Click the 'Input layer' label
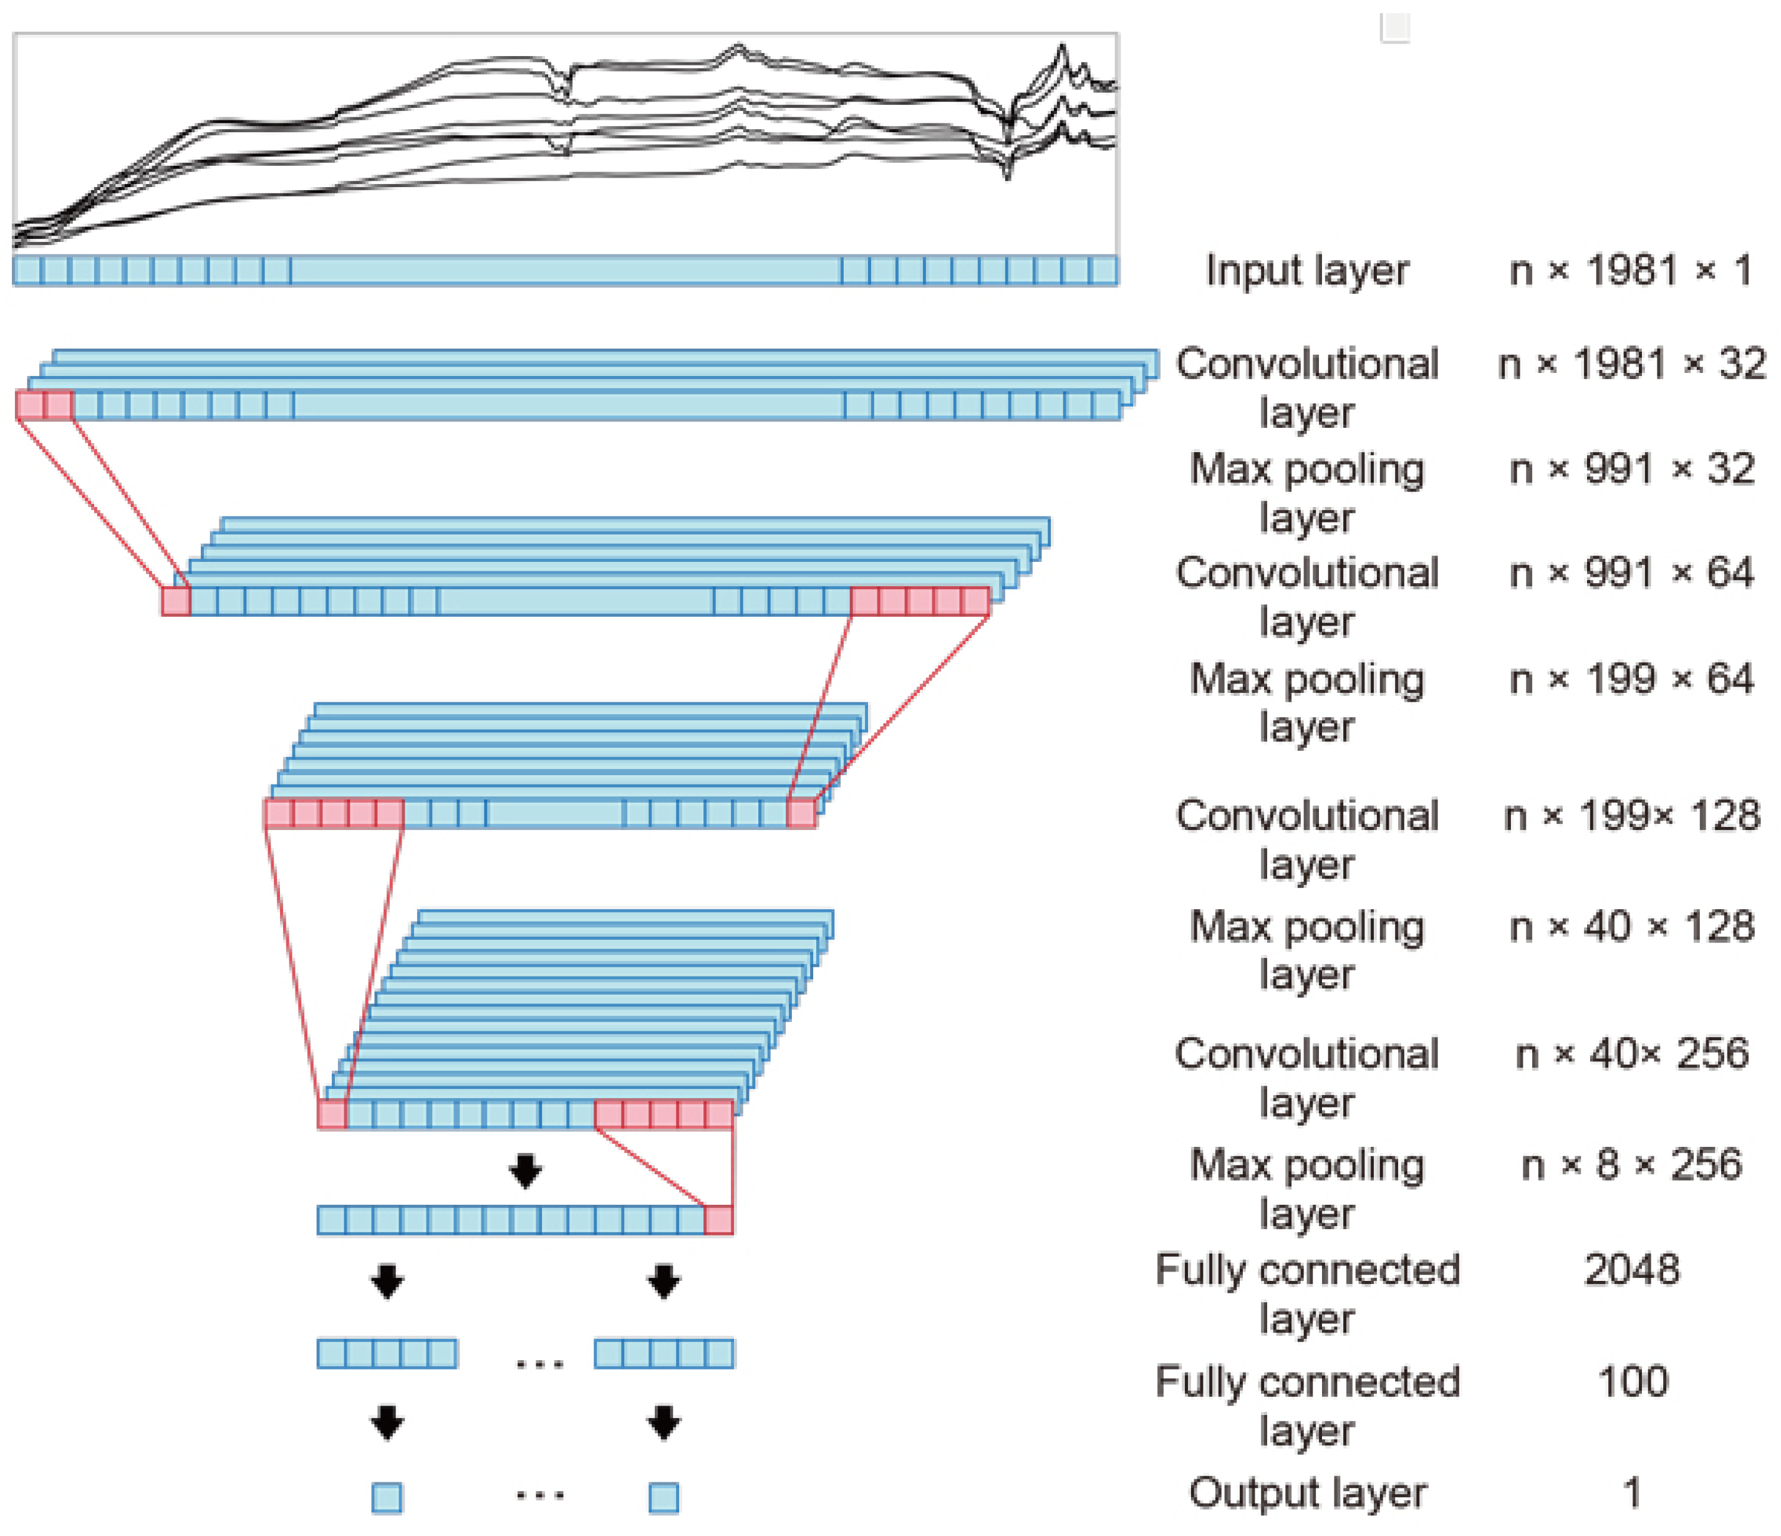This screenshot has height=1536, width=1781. coord(1306,271)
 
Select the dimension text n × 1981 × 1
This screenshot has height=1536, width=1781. coord(1631,271)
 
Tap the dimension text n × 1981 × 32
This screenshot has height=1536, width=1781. coord(1631,364)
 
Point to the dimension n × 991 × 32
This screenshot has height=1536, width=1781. coord(1631,470)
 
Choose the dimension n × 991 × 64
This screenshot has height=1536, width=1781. coord(1631,573)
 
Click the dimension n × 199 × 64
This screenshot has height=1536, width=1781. coord(1631,679)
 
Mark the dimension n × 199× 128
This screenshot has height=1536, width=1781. coord(1631,816)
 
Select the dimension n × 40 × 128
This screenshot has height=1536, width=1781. coord(1631,927)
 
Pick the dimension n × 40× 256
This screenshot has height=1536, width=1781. coord(1631,1054)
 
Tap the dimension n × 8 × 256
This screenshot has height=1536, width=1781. coord(1631,1165)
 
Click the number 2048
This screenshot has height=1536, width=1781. coord(1631,1270)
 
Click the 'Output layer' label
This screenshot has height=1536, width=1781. coord(1306,1493)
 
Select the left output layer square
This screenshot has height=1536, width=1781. coord(387,1498)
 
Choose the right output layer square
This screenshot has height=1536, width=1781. coord(664,1498)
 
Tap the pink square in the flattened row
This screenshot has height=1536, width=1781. coord(718,1220)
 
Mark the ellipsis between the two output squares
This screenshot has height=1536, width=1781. coord(540,1495)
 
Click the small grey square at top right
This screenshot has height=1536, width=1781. coord(1394,27)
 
